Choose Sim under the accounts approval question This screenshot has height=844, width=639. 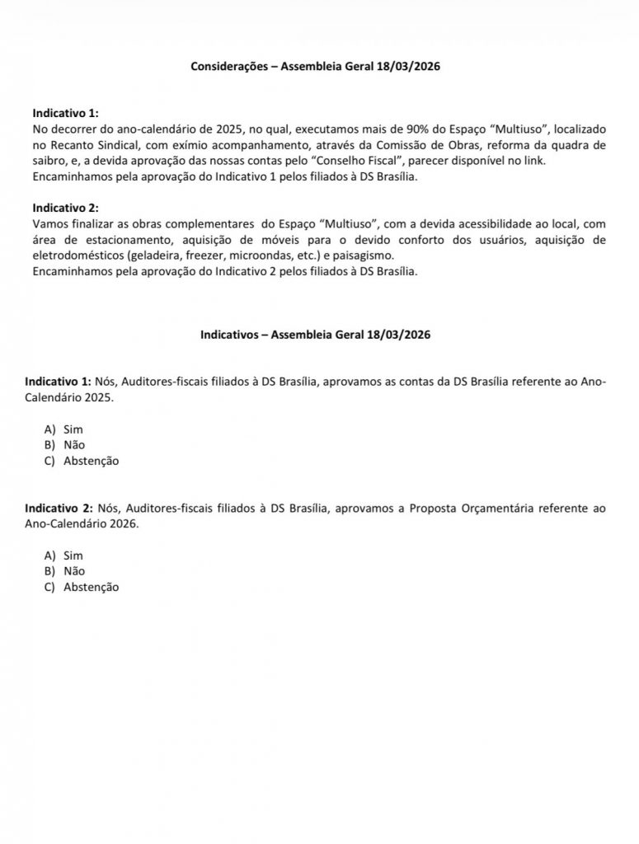click(x=73, y=429)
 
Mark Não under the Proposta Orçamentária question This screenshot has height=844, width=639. click(x=74, y=570)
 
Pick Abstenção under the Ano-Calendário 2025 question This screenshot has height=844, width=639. click(x=91, y=461)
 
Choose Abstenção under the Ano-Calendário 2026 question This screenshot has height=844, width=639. click(x=91, y=587)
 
